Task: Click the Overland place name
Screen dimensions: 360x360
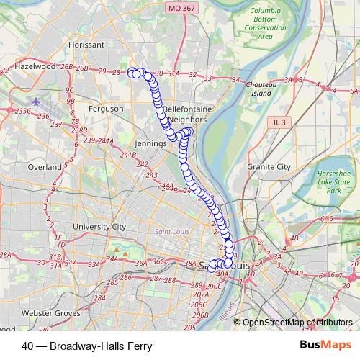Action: click(45, 166)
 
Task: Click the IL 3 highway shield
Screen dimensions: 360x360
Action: click(277, 123)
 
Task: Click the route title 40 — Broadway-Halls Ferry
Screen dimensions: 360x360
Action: click(87, 346)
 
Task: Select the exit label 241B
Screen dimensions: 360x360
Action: click(128, 155)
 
